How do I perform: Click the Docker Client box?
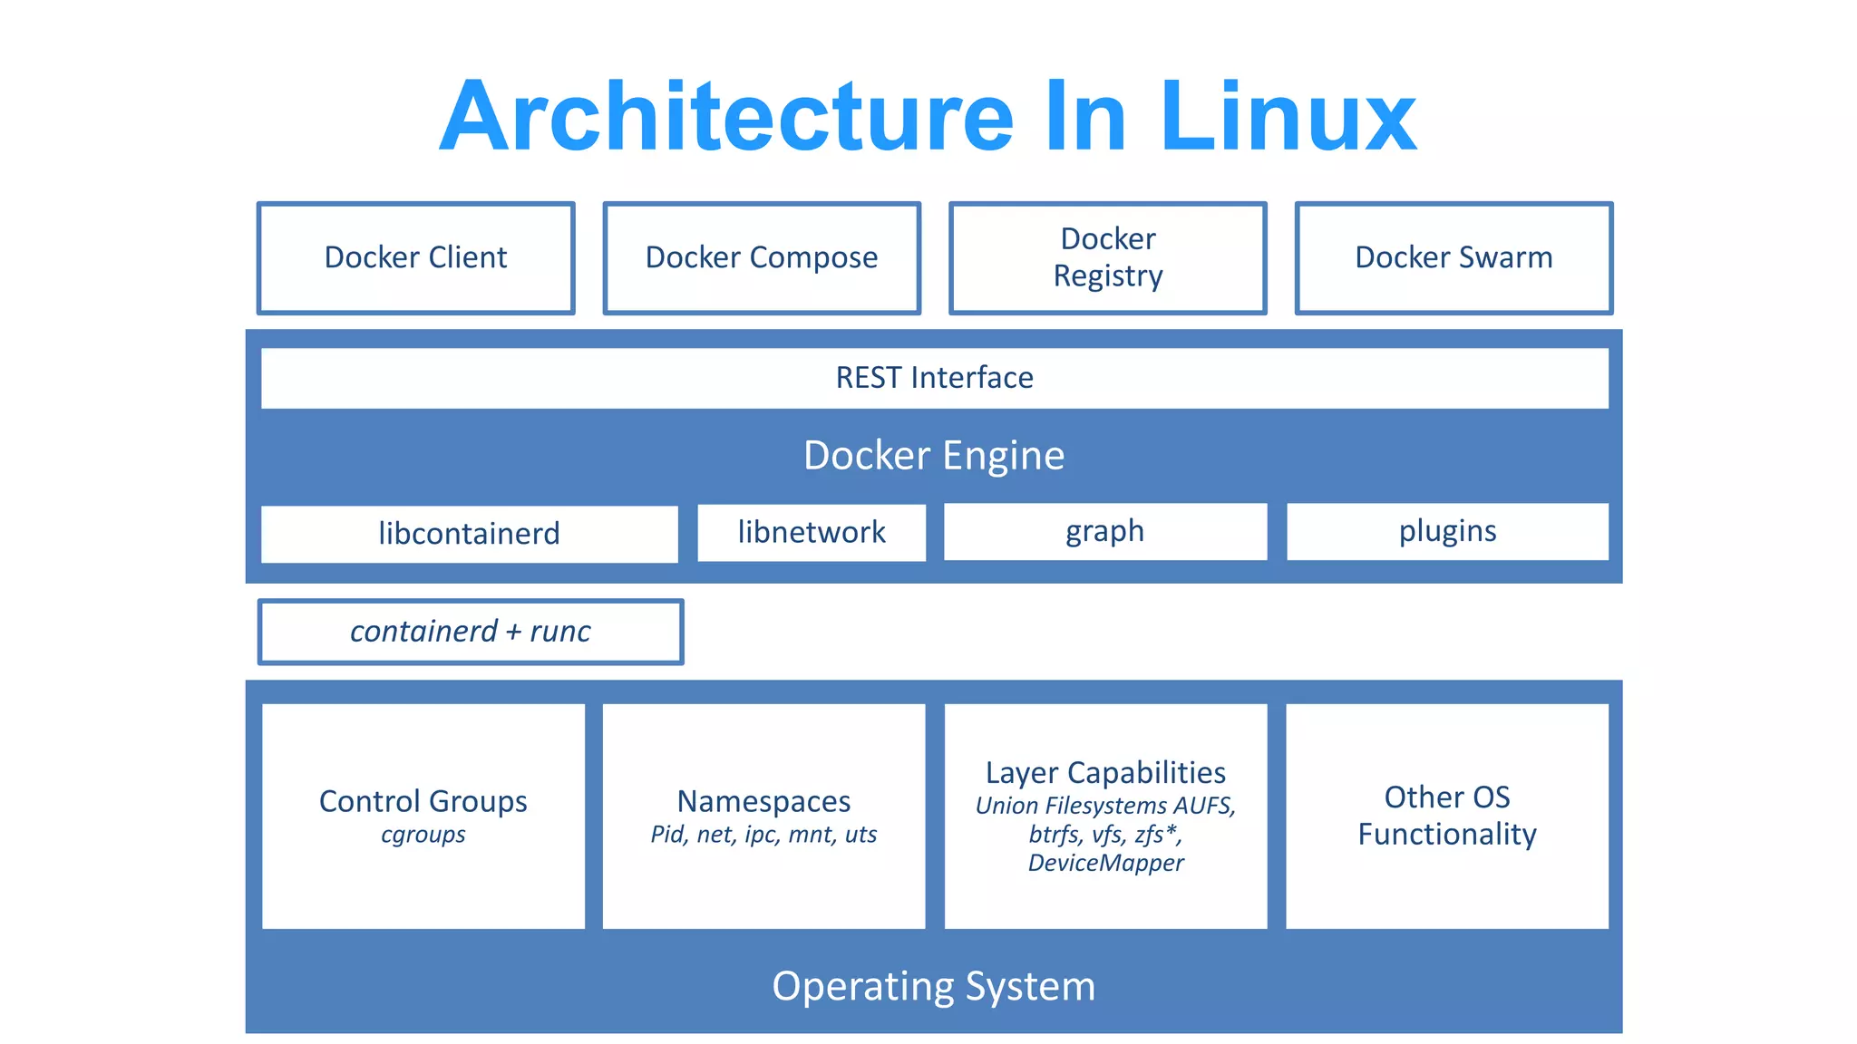(x=416, y=258)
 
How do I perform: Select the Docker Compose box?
(x=762, y=258)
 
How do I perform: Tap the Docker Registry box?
(x=1107, y=258)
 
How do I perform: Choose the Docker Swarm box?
(x=1454, y=258)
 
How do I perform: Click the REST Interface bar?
(x=934, y=378)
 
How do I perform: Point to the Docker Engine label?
(x=934, y=455)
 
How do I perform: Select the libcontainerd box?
(x=469, y=534)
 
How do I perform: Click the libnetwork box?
(x=812, y=532)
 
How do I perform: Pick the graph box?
(x=1104, y=531)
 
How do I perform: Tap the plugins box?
(x=1447, y=531)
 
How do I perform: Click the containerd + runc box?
(x=470, y=632)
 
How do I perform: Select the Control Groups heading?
(x=423, y=801)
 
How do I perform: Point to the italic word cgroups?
(x=423, y=835)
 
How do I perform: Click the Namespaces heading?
(x=763, y=801)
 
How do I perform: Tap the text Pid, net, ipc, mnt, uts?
(x=763, y=835)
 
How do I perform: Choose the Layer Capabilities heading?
(x=1105, y=772)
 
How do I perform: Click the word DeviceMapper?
(x=1105, y=863)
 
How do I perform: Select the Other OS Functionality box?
(x=1447, y=816)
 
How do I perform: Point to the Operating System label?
(x=934, y=986)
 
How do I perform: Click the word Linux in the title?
(x=1288, y=118)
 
